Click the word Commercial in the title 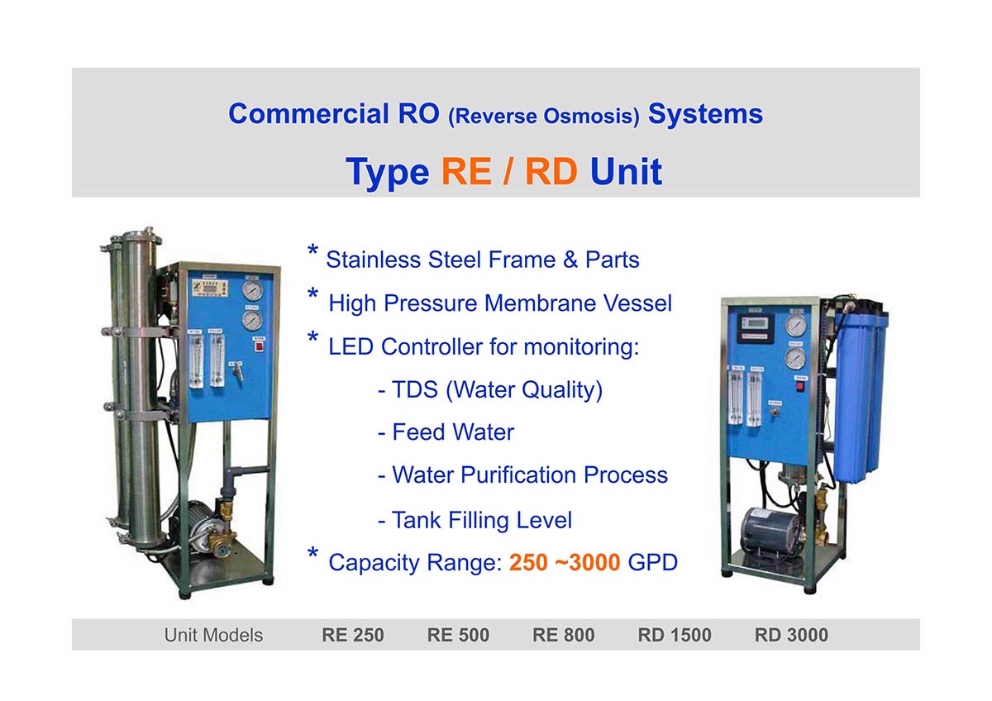tap(308, 114)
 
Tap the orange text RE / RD tap(509, 171)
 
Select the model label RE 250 tap(352, 635)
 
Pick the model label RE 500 tap(458, 635)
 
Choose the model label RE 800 tap(563, 635)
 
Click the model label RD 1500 tap(675, 635)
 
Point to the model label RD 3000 tap(791, 635)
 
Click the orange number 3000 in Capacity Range tap(594, 562)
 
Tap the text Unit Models tap(213, 636)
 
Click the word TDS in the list tap(415, 389)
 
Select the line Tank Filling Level tap(475, 520)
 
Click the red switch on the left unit tap(259, 346)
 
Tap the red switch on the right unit tap(800, 387)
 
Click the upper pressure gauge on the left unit tap(252, 290)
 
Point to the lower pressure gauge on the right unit tap(796, 359)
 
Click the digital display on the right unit tap(756, 327)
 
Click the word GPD tap(653, 562)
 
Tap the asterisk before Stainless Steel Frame tap(312, 250)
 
